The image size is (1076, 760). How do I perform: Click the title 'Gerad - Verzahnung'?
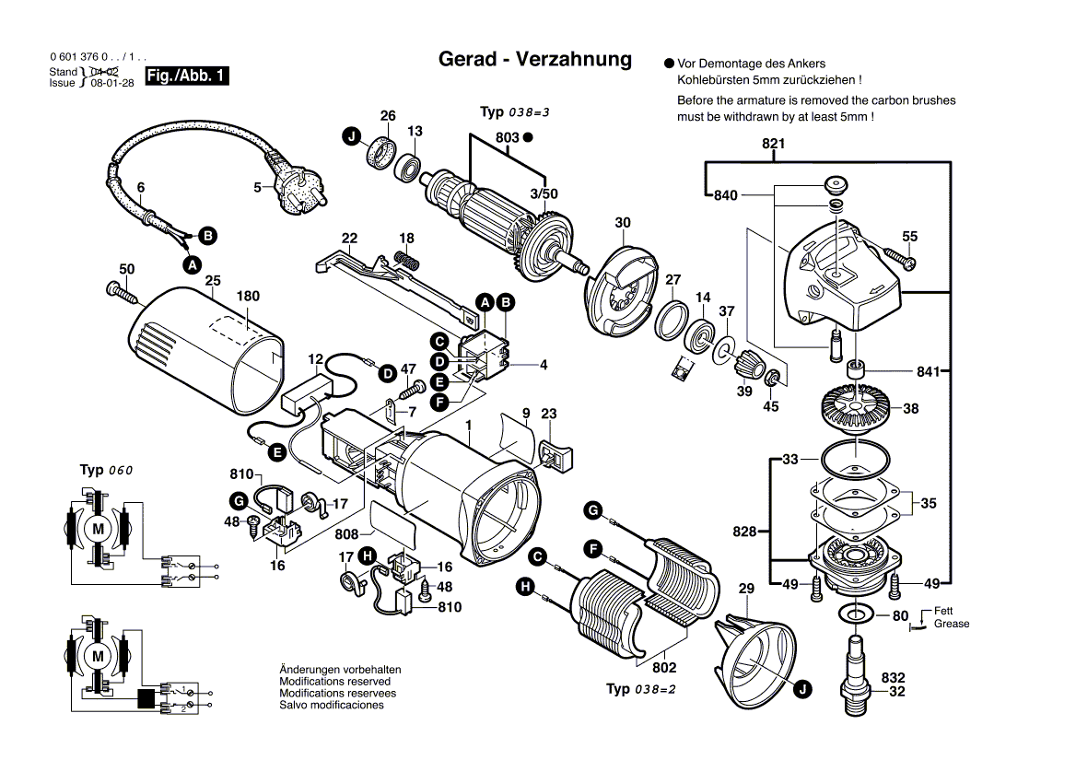[535, 59]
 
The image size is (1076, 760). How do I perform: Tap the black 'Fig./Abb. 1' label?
[187, 76]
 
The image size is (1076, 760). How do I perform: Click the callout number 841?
[929, 371]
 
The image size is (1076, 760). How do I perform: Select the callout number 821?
[773, 145]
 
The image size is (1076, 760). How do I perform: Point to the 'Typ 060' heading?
[107, 470]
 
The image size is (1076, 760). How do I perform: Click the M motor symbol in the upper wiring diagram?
[97, 529]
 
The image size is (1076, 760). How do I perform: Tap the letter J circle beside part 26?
[350, 137]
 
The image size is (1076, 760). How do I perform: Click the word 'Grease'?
[951, 624]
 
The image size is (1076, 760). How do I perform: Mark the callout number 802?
[664, 668]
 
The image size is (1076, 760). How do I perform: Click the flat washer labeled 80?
[856, 614]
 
